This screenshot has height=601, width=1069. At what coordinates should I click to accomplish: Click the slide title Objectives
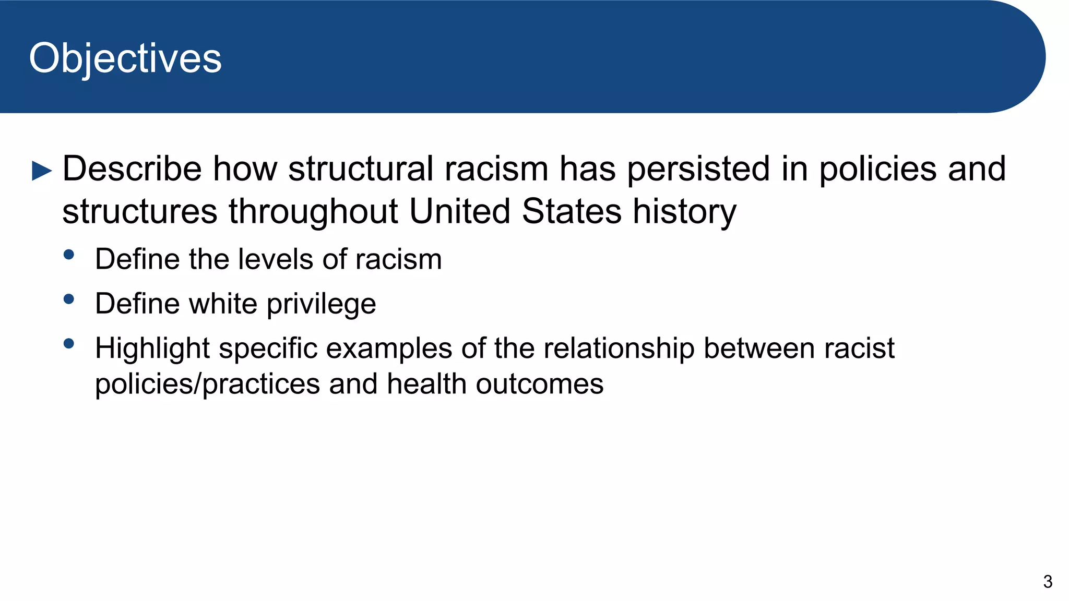[125, 58]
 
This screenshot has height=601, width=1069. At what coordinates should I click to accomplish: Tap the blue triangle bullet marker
[42, 171]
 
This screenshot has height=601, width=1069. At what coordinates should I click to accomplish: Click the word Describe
[132, 169]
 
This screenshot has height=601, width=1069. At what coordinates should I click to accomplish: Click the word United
[459, 211]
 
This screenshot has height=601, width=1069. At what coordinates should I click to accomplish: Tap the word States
[572, 211]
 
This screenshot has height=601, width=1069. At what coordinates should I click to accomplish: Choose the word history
[684, 212]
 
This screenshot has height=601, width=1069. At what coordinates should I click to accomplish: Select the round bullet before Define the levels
[68, 255]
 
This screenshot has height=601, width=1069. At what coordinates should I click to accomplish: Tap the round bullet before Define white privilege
[68, 299]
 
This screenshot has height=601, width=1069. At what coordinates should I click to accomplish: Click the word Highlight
[152, 348]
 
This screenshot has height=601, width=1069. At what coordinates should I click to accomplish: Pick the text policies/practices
[207, 384]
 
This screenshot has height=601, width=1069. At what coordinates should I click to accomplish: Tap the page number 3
[1047, 582]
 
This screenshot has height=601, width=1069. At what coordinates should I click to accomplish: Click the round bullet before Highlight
[68, 344]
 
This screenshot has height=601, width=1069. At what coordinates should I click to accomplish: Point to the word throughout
[313, 211]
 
